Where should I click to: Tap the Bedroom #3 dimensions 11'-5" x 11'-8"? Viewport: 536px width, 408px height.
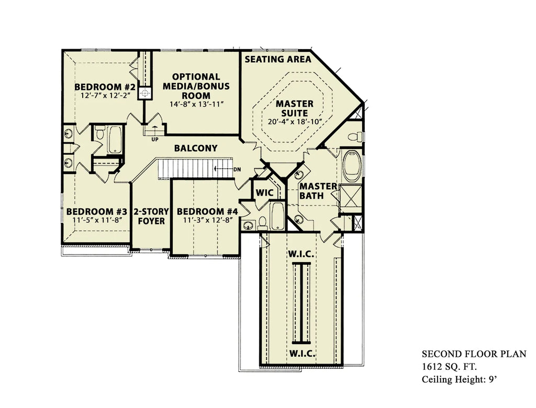click(97, 220)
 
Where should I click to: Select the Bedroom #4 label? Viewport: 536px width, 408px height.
click(207, 211)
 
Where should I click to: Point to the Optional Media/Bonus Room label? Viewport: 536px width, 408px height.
click(196, 86)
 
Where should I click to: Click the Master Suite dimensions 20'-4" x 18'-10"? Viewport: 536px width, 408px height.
click(295, 122)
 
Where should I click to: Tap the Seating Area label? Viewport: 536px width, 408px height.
click(278, 59)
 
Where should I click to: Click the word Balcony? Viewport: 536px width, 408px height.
click(196, 148)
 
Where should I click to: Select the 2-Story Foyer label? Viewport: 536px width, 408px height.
click(151, 217)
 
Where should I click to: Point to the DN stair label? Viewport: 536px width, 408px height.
click(237, 169)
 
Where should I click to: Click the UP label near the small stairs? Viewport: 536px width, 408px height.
click(155, 140)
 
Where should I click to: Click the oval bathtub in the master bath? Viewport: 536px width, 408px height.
click(352, 166)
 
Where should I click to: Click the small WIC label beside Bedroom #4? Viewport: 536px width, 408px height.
click(264, 192)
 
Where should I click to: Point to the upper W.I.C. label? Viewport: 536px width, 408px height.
click(301, 254)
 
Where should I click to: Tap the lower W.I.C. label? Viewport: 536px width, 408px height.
click(302, 353)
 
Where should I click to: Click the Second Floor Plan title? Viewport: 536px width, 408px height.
click(474, 354)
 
